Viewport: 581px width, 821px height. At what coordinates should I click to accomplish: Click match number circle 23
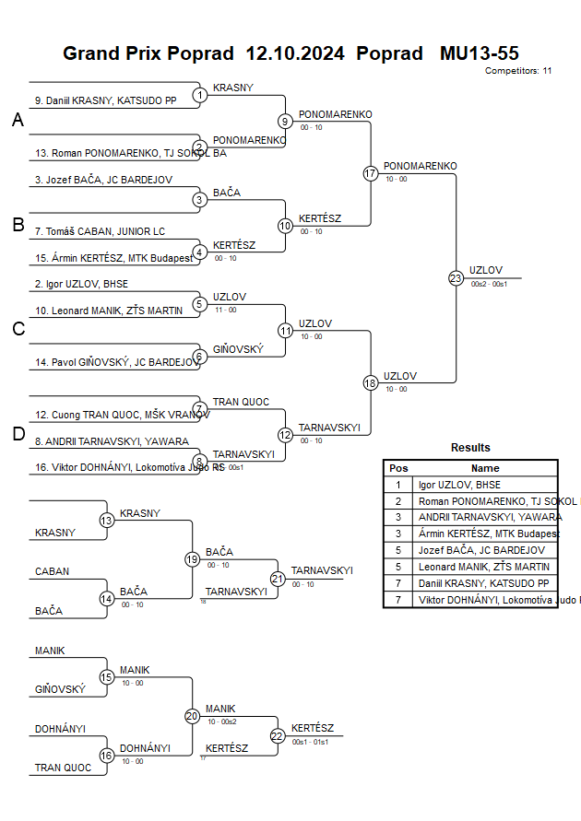[x=456, y=277]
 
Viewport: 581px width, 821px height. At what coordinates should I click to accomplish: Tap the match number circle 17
[x=371, y=173]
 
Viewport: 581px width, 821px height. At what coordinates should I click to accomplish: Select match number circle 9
[x=286, y=121]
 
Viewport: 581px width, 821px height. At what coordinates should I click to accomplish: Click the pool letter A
[x=18, y=121]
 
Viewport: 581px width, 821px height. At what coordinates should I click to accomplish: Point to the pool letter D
[x=18, y=434]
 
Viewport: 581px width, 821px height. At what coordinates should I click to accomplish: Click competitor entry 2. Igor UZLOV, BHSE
[x=82, y=285]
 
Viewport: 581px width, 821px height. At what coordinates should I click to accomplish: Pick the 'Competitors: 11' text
[x=518, y=70]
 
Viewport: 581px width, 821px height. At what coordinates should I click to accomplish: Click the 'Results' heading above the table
[x=470, y=448]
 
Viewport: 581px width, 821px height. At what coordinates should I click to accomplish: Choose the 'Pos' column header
[x=398, y=468]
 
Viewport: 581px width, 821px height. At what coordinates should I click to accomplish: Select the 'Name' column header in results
[x=485, y=468]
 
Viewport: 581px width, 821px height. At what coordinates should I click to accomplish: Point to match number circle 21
[x=278, y=579]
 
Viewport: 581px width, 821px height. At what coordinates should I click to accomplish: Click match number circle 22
[x=278, y=735]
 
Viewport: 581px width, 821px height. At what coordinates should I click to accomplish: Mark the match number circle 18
[x=371, y=382]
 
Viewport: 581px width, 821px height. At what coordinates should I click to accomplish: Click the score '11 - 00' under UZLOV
[x=225, y=310]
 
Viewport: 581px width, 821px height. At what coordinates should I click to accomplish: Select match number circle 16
[x=107, y=756]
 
